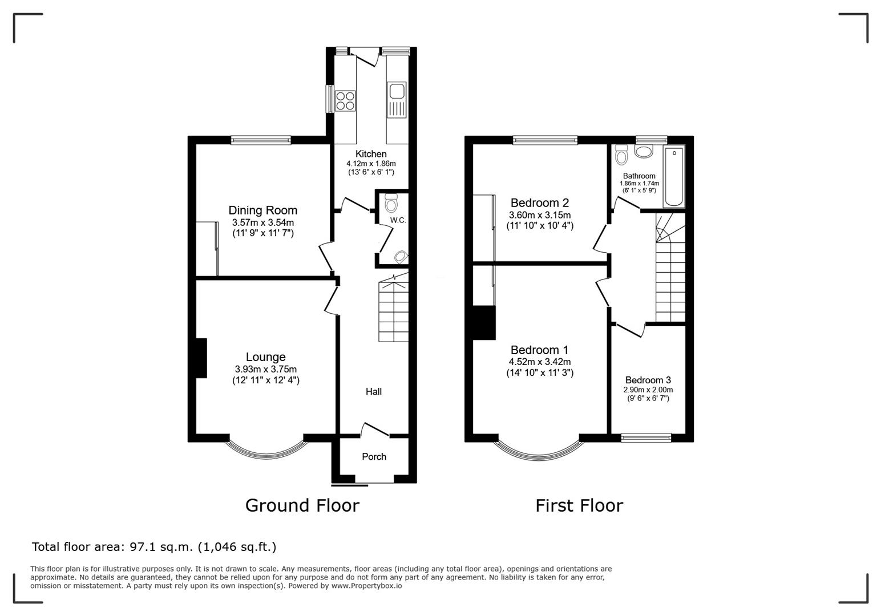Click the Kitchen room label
click(371, 153)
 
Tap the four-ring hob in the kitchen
click(345, 100)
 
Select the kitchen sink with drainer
click(396, 100)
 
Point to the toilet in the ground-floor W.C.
click(391, 203)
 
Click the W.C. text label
click(398, 220)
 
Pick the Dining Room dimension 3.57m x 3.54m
click(262, 222)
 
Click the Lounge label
click(265, 357)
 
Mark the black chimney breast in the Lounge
click(201, 358)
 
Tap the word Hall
click(374, 391)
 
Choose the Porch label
click(374, 457)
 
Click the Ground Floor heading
click(302, 505)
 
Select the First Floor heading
click(579, 505)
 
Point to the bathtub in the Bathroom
click(674, 177)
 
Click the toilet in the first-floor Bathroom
click(622, 155)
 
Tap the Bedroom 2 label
click(540, 203)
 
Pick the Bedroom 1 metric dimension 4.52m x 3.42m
click(540, 362)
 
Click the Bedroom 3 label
click(648, 380)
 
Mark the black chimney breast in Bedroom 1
click(484, 322)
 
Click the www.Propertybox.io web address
click(366, 586)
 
